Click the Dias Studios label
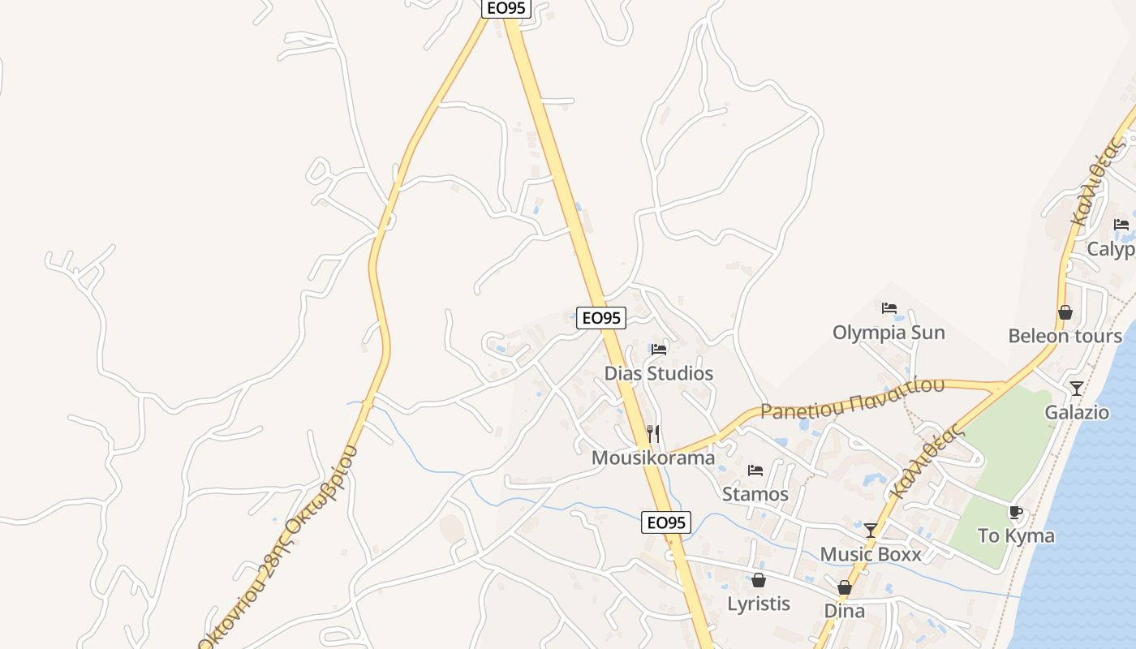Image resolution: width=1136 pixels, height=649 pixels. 659,373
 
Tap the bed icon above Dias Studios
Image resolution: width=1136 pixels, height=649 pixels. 659,350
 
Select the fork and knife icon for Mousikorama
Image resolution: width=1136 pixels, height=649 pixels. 653,434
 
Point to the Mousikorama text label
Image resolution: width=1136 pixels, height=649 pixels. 653,458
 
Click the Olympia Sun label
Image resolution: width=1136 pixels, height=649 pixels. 889,333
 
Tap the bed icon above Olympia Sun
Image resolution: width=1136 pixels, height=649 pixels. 889,308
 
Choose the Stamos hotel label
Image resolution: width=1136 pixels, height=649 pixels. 755,494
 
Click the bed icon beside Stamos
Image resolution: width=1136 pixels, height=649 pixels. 755,471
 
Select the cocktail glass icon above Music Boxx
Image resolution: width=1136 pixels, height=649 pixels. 871,531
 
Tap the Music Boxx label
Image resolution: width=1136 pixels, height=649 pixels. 871,554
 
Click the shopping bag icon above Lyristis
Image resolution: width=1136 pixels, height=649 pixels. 759,580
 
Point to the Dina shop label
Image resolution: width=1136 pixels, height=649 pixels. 845,611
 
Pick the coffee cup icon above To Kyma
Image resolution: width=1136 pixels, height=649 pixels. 1015,512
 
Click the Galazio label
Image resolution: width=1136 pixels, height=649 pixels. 1077,412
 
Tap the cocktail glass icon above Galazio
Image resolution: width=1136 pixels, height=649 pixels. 1077,389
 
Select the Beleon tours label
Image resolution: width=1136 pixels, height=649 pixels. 1065,336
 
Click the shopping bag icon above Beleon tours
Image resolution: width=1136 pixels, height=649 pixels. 1065,312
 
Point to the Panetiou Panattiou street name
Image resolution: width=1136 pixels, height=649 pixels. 852,398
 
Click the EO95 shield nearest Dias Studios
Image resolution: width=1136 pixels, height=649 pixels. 601,318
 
